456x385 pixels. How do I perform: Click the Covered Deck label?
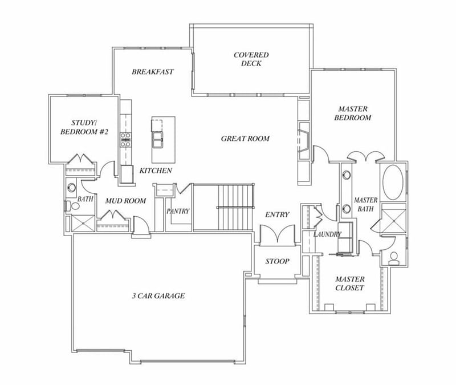251,59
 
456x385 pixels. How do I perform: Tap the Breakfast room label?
153,72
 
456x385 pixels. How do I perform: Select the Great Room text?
245,139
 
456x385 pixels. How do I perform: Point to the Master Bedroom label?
353,113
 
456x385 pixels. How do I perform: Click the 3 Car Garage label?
158,296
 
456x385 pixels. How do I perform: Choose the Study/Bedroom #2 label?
84,127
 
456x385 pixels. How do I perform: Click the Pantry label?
178,211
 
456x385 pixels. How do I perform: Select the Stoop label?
278,262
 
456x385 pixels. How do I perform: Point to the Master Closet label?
350,283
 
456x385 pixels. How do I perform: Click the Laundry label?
327,234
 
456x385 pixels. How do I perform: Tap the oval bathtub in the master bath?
392,181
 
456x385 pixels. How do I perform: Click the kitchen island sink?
157,136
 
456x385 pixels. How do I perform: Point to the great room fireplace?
304,139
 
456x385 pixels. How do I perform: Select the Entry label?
278,214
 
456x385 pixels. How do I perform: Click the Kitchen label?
156,171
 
